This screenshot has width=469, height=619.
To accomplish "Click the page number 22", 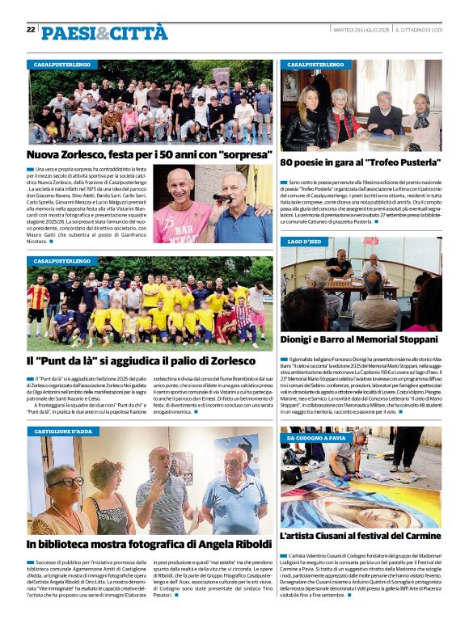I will point(31,30).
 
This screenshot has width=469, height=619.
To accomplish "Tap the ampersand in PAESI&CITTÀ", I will point(102,33).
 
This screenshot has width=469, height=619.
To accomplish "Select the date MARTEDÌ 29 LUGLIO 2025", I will point(361,30).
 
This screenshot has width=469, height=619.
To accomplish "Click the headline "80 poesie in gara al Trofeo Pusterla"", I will point(361,162).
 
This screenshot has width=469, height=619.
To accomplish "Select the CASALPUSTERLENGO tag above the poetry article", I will point(315,64).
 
